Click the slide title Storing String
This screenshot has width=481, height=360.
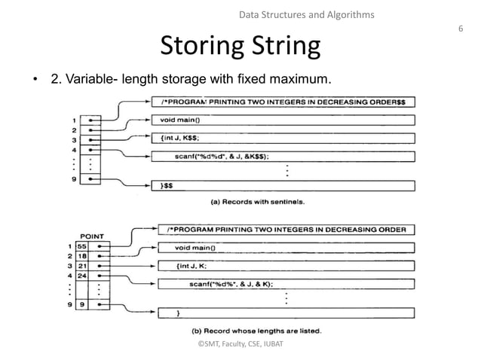(x=240, y=47)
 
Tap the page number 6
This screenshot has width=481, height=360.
(x=460, y=28)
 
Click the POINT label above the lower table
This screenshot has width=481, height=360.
(x=93, y=234)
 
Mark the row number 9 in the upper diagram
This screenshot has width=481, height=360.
(x=75, y=179)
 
